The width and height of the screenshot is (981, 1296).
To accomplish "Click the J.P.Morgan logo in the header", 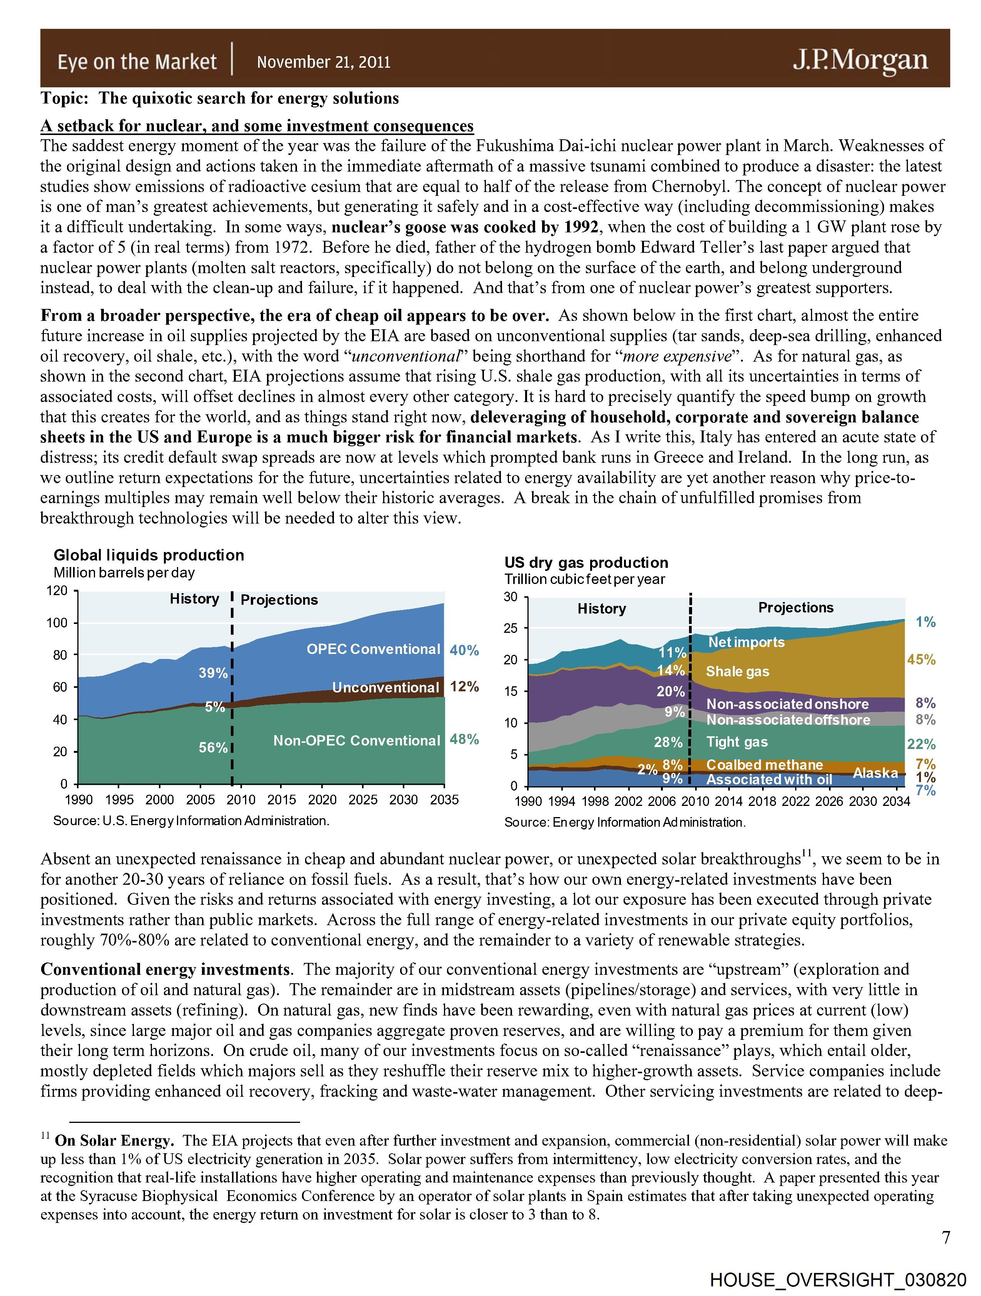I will click(860, 60).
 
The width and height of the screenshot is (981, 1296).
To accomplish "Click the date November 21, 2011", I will click(324, 62).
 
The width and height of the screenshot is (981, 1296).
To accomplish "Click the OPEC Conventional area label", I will click(373, 649).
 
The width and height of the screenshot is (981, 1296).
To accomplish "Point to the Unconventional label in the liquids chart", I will click(385, 687).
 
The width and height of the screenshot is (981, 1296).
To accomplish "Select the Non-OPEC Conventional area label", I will click(356, 741).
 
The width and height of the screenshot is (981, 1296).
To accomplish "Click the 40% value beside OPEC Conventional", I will click(464, 651).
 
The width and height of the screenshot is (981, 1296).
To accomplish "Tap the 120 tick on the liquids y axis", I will click(57, 590).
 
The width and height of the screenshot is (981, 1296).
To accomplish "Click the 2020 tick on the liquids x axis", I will click(322, 800).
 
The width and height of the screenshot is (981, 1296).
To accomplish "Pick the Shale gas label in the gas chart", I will click(737, 671).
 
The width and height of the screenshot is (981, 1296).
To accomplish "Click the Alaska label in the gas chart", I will click(875, 773).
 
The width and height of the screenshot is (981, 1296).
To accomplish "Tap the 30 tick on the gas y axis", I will click(511, 597).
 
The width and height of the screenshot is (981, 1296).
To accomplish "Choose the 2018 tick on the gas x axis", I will click(762, 802).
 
